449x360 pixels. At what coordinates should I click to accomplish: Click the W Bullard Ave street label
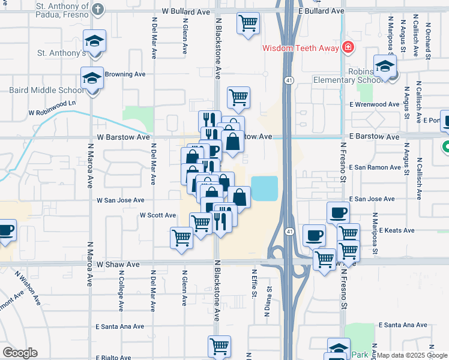185,11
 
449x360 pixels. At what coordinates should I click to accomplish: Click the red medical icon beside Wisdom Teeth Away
347,47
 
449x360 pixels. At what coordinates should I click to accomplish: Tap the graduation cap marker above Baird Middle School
92,78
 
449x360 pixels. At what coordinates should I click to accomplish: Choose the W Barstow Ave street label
123,137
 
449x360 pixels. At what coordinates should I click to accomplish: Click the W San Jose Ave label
121,200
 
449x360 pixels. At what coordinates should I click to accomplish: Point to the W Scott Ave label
157,215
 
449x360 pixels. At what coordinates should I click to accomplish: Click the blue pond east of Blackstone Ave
265,188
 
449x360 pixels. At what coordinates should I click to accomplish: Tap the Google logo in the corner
20,353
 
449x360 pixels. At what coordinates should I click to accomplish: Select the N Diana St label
267,300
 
